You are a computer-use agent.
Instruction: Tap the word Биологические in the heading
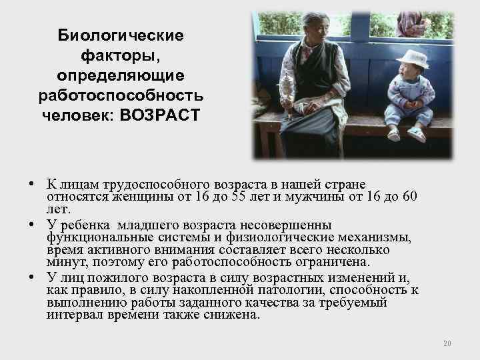click(121, 34)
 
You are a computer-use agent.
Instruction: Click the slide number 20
click(447, 343)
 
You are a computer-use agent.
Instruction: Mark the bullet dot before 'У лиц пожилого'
click(32, 277)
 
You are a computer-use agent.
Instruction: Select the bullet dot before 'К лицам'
click(32, 183)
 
